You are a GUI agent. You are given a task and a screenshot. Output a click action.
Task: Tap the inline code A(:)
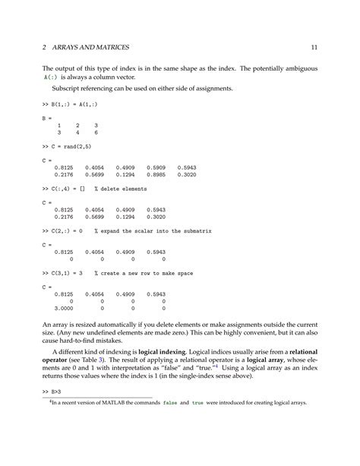coord(52,77)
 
